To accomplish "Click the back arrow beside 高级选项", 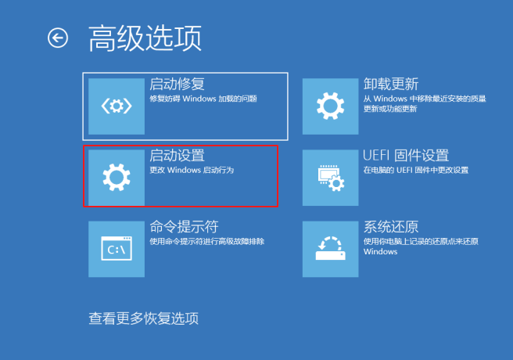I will click(58, 38).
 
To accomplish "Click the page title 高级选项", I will click(145, 38).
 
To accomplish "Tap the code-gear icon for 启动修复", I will click(117, 106).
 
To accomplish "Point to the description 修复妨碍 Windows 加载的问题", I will click(203, 99).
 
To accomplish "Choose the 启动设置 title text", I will click(177, 155).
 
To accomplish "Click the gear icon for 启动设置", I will click(117, 177).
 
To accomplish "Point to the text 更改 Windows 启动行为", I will click(192, 170).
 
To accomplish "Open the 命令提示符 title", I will click(185, 227).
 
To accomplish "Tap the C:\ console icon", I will click(117, 249).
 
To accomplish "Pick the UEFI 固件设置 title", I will click(406, 155).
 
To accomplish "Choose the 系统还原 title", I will click(391, 227).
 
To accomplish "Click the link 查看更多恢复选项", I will click(144, 319).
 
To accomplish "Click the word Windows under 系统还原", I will click(381, 252).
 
